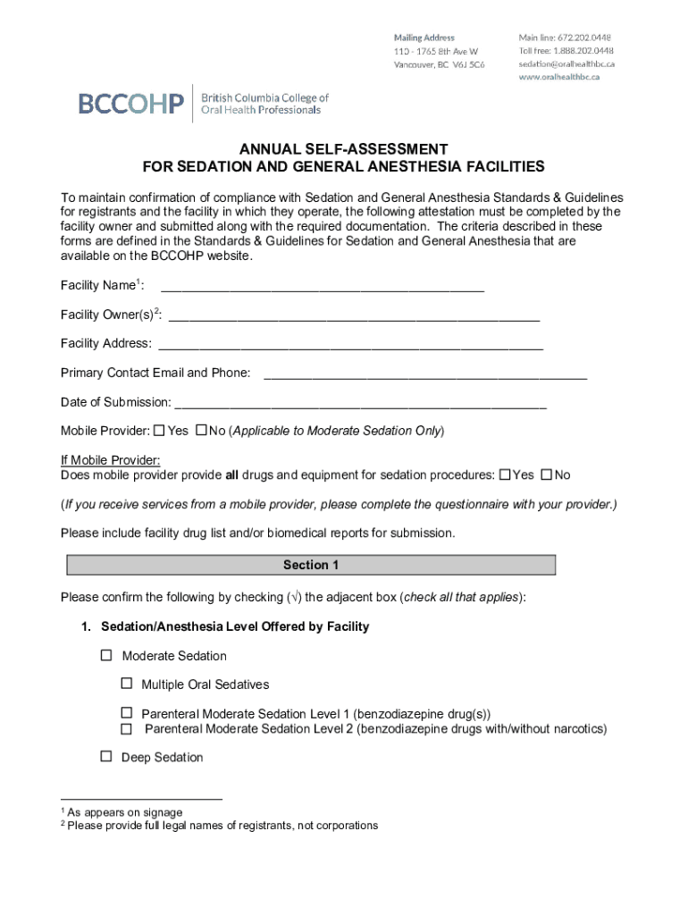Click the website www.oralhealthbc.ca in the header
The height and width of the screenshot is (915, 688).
click(559, 77)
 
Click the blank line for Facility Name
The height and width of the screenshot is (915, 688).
click(322, 288)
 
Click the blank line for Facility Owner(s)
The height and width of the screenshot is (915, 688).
click(354, 315)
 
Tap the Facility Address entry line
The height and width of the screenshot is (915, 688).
click(350, 344)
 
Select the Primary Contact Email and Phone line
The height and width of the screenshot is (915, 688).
click(424, 374)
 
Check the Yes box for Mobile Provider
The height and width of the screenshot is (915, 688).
click(159, 430)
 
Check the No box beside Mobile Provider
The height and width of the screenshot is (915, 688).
click(201, 430)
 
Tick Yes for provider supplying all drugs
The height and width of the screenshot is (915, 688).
click(505, 474)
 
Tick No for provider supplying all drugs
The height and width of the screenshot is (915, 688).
click(547, 474)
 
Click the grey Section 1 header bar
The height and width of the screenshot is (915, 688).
click(311, 565)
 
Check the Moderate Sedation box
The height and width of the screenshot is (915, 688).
click(106, 655)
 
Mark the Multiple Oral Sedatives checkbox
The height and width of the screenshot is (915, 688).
click(127, 684)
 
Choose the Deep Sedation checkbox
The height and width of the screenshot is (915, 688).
click(106, 756)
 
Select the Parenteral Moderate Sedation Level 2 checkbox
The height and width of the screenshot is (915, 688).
click(127, 728)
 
